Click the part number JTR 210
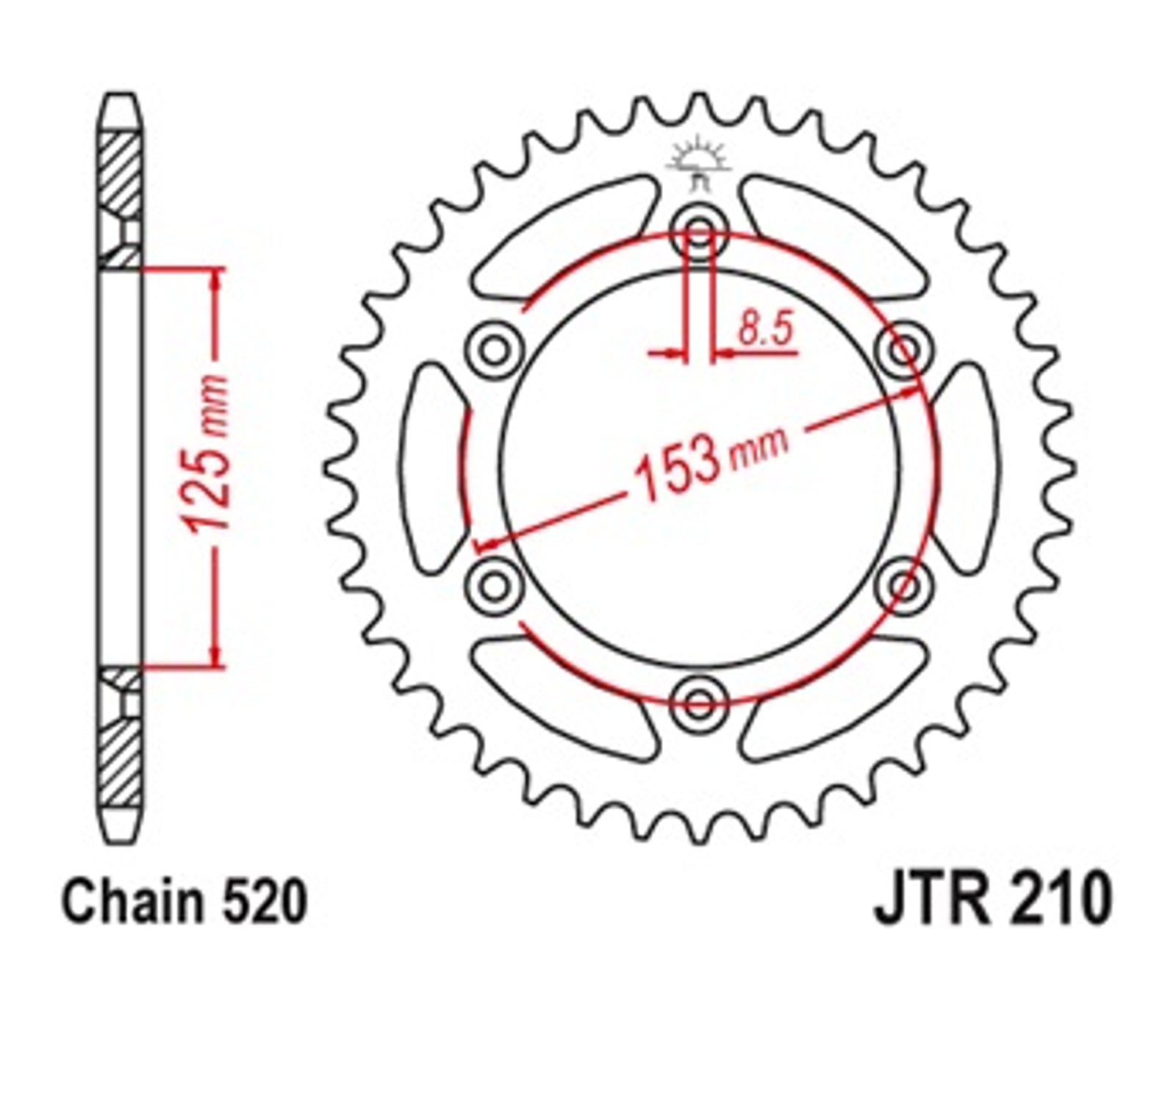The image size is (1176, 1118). pos(992,897)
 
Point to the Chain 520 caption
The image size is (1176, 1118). pos(184,901)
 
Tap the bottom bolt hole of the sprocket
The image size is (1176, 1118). pos(699,704)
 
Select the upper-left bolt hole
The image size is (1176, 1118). pos(495,350)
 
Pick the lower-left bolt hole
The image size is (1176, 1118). pos(495,587)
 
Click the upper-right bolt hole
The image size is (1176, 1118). pos(904,350)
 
